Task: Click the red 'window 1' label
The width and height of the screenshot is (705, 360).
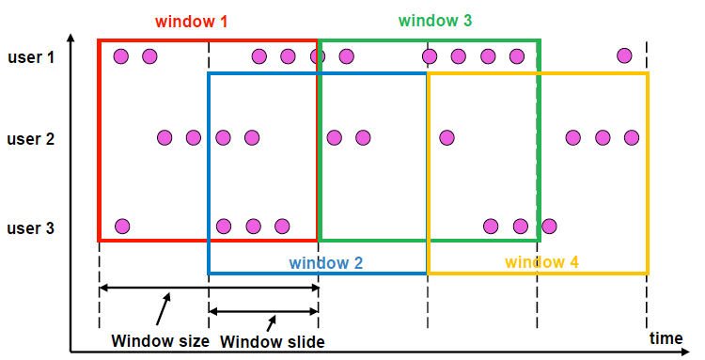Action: click(x=191, y=20)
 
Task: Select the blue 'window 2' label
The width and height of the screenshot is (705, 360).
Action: click(x=325, y=263)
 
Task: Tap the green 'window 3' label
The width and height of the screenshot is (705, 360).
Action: click(x=435, y=20)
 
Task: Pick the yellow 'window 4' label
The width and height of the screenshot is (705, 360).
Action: click(x=541, y=263)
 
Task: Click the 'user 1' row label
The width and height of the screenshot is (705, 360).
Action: click(x=32, y=57)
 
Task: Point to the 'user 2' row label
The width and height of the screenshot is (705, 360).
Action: click(x=32, y=139)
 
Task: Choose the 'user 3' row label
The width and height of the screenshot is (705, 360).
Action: click(x=32, y=227)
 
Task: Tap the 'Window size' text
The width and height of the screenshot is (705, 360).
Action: click(x=160, y=340)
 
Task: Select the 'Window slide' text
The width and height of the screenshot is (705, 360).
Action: click(x=273, y=342)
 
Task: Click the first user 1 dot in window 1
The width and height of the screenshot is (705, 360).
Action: click(x=120, y=56)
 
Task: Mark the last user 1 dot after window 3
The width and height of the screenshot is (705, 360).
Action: click(x=624, y=56)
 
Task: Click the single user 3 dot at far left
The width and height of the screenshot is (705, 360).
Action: click(x=121, y=226)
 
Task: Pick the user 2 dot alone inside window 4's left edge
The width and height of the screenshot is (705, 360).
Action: click(x=447, y=137)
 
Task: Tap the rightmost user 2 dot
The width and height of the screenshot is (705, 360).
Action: click(x=631, y=137)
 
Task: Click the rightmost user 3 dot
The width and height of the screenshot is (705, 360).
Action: click(x=549, y=226)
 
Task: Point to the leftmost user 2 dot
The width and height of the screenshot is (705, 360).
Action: click(x=164, y=137)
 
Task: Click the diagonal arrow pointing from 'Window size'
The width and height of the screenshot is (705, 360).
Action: click(x=164, y=309)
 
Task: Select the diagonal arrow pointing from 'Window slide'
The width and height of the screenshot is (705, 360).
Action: click(x=273, y=321)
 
